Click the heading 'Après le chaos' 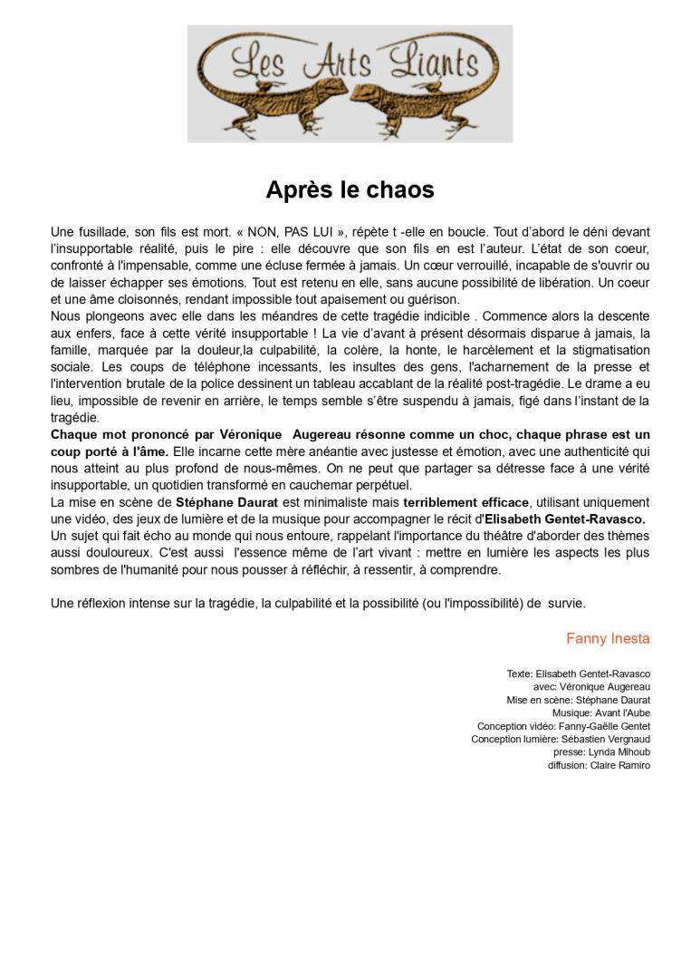tap(350, 190)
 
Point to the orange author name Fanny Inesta tap(608, 639)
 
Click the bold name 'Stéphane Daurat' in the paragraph tap(226, 502)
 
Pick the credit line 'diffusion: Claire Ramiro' tap(599, 765)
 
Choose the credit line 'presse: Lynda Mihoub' tap(601, 752)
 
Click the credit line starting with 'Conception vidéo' tap(563, 726)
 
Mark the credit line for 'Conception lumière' tap(561, 740)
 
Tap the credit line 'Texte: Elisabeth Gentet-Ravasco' tap(578, 674)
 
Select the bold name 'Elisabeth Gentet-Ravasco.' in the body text tap(565, 519)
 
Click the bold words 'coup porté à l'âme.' tap(110, 451)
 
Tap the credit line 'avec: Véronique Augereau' tap(591, 687)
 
